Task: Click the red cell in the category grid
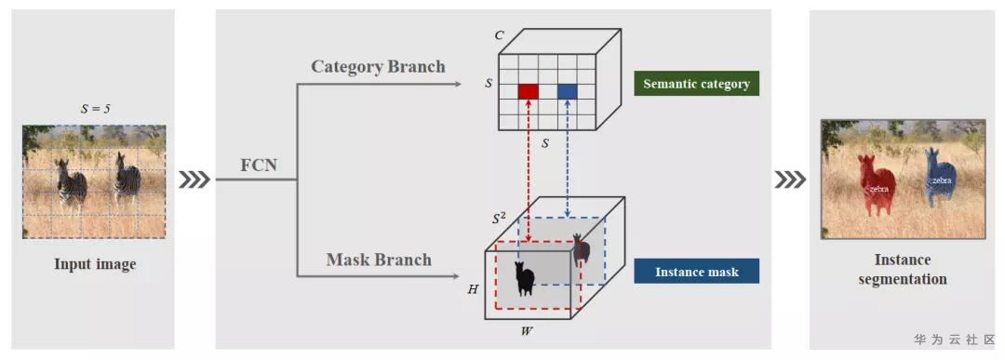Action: click(529, 91)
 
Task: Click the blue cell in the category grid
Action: click(568, 91)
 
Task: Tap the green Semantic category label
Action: click(697, 84)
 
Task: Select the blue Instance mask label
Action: click(697, 271)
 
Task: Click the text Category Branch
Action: click(378, 67)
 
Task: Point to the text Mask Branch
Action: click(379, 260)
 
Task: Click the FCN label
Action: click(259, 165)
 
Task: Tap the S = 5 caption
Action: click(95, 109)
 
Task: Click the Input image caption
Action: click(95, 264)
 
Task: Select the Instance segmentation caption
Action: click(903, 269)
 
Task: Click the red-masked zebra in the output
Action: click(877, 185)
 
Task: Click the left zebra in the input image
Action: click(71, 184)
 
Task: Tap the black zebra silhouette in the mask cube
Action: click(524, 279)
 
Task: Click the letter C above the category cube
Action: click(499, 35)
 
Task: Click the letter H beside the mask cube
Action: click(473, 289)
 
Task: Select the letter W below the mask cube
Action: click(527, 331)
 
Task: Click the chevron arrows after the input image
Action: click(194, 180)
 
